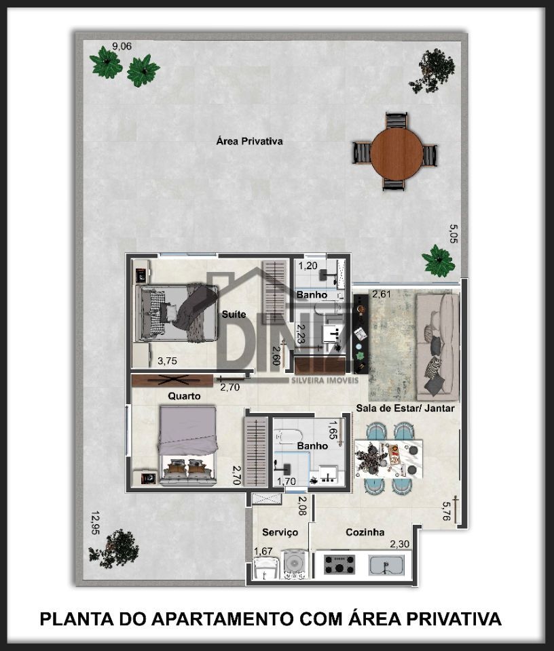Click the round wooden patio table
396,154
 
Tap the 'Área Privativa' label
249,141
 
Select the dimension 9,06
122,46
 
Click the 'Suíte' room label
234,314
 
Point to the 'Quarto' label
184,396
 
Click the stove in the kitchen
339,564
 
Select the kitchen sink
386,566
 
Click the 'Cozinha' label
365,532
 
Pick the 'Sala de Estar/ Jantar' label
405,408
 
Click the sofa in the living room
438,344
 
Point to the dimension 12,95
96,523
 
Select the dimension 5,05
454,234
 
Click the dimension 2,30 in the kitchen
399,544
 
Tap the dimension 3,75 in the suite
167,361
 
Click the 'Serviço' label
280,532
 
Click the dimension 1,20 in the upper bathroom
308,266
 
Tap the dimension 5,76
446,511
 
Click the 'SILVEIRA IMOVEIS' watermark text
325,380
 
